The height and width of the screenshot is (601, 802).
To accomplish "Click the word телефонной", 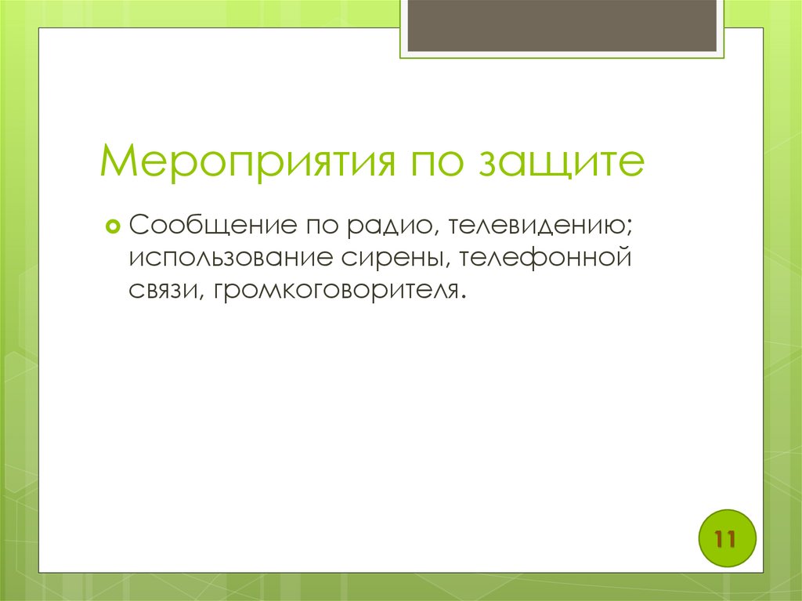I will [545, 258].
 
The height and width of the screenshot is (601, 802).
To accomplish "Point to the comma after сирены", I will [450, 265].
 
